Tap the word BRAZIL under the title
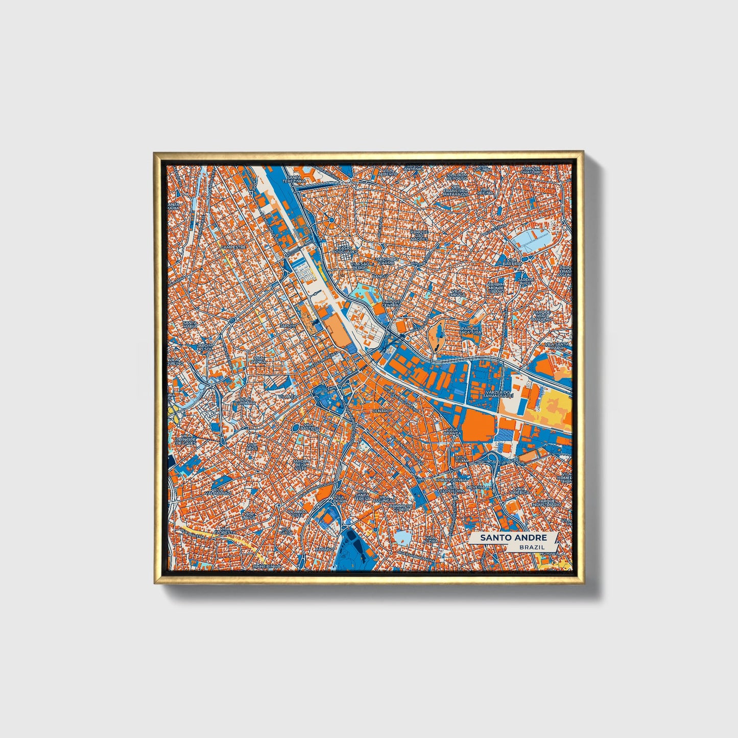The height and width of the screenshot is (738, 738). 531,547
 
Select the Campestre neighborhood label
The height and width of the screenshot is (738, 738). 233,247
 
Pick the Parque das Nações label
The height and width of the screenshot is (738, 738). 419,235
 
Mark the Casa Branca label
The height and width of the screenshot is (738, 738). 453,432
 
